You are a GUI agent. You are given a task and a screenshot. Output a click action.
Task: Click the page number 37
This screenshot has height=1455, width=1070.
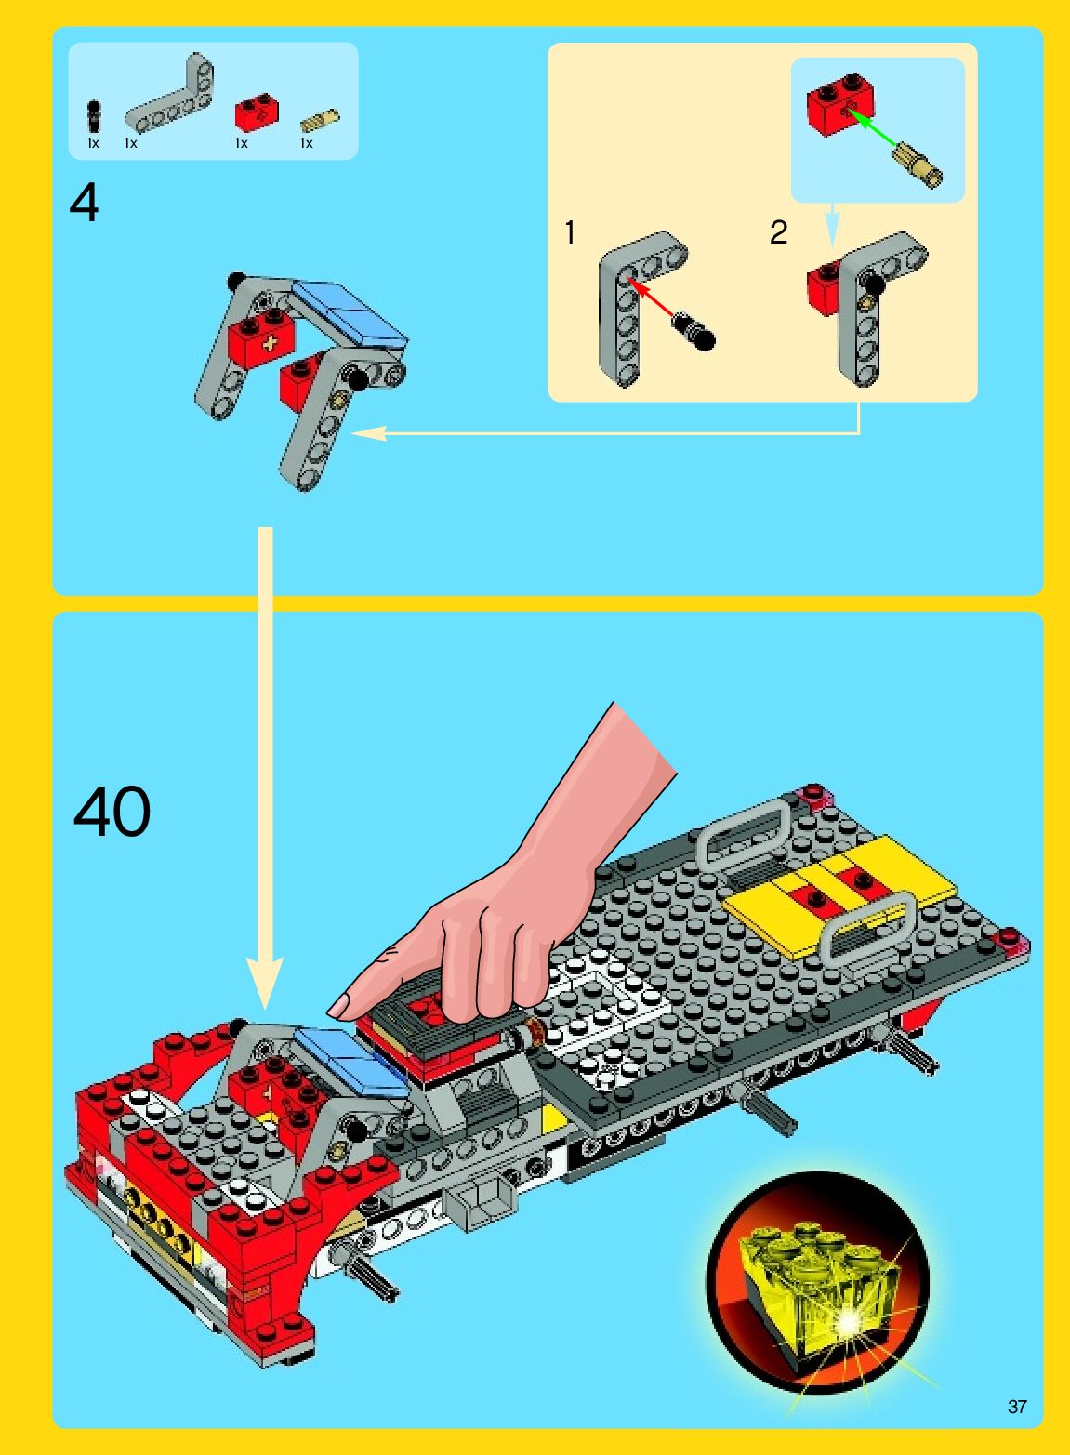[x=1017, y=1407]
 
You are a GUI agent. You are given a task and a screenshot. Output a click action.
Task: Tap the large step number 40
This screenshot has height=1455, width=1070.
[x=112, y=812]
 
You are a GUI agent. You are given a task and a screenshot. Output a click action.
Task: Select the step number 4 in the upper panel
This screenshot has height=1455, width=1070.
[x=84, y=204]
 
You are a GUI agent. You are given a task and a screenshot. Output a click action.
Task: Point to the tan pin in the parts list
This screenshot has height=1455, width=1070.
[x=320, y=121]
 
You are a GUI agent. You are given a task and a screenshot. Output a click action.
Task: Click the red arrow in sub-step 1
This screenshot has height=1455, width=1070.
[x=651, y=298]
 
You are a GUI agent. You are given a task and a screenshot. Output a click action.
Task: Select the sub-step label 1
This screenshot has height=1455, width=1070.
[x=570, y=233]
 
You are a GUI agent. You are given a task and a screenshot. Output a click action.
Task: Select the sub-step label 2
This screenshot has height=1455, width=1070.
[x=778, y=233]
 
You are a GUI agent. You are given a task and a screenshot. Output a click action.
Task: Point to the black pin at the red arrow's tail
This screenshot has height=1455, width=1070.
[x=694, y=331]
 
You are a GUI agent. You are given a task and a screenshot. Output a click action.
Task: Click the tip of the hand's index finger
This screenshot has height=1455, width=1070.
[x=331, y=1012]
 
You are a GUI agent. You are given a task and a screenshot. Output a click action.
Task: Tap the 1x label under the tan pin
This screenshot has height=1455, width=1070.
[x=306, y=143]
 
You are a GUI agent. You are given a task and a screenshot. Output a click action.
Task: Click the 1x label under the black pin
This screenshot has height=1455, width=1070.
[x=93, y=143]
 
